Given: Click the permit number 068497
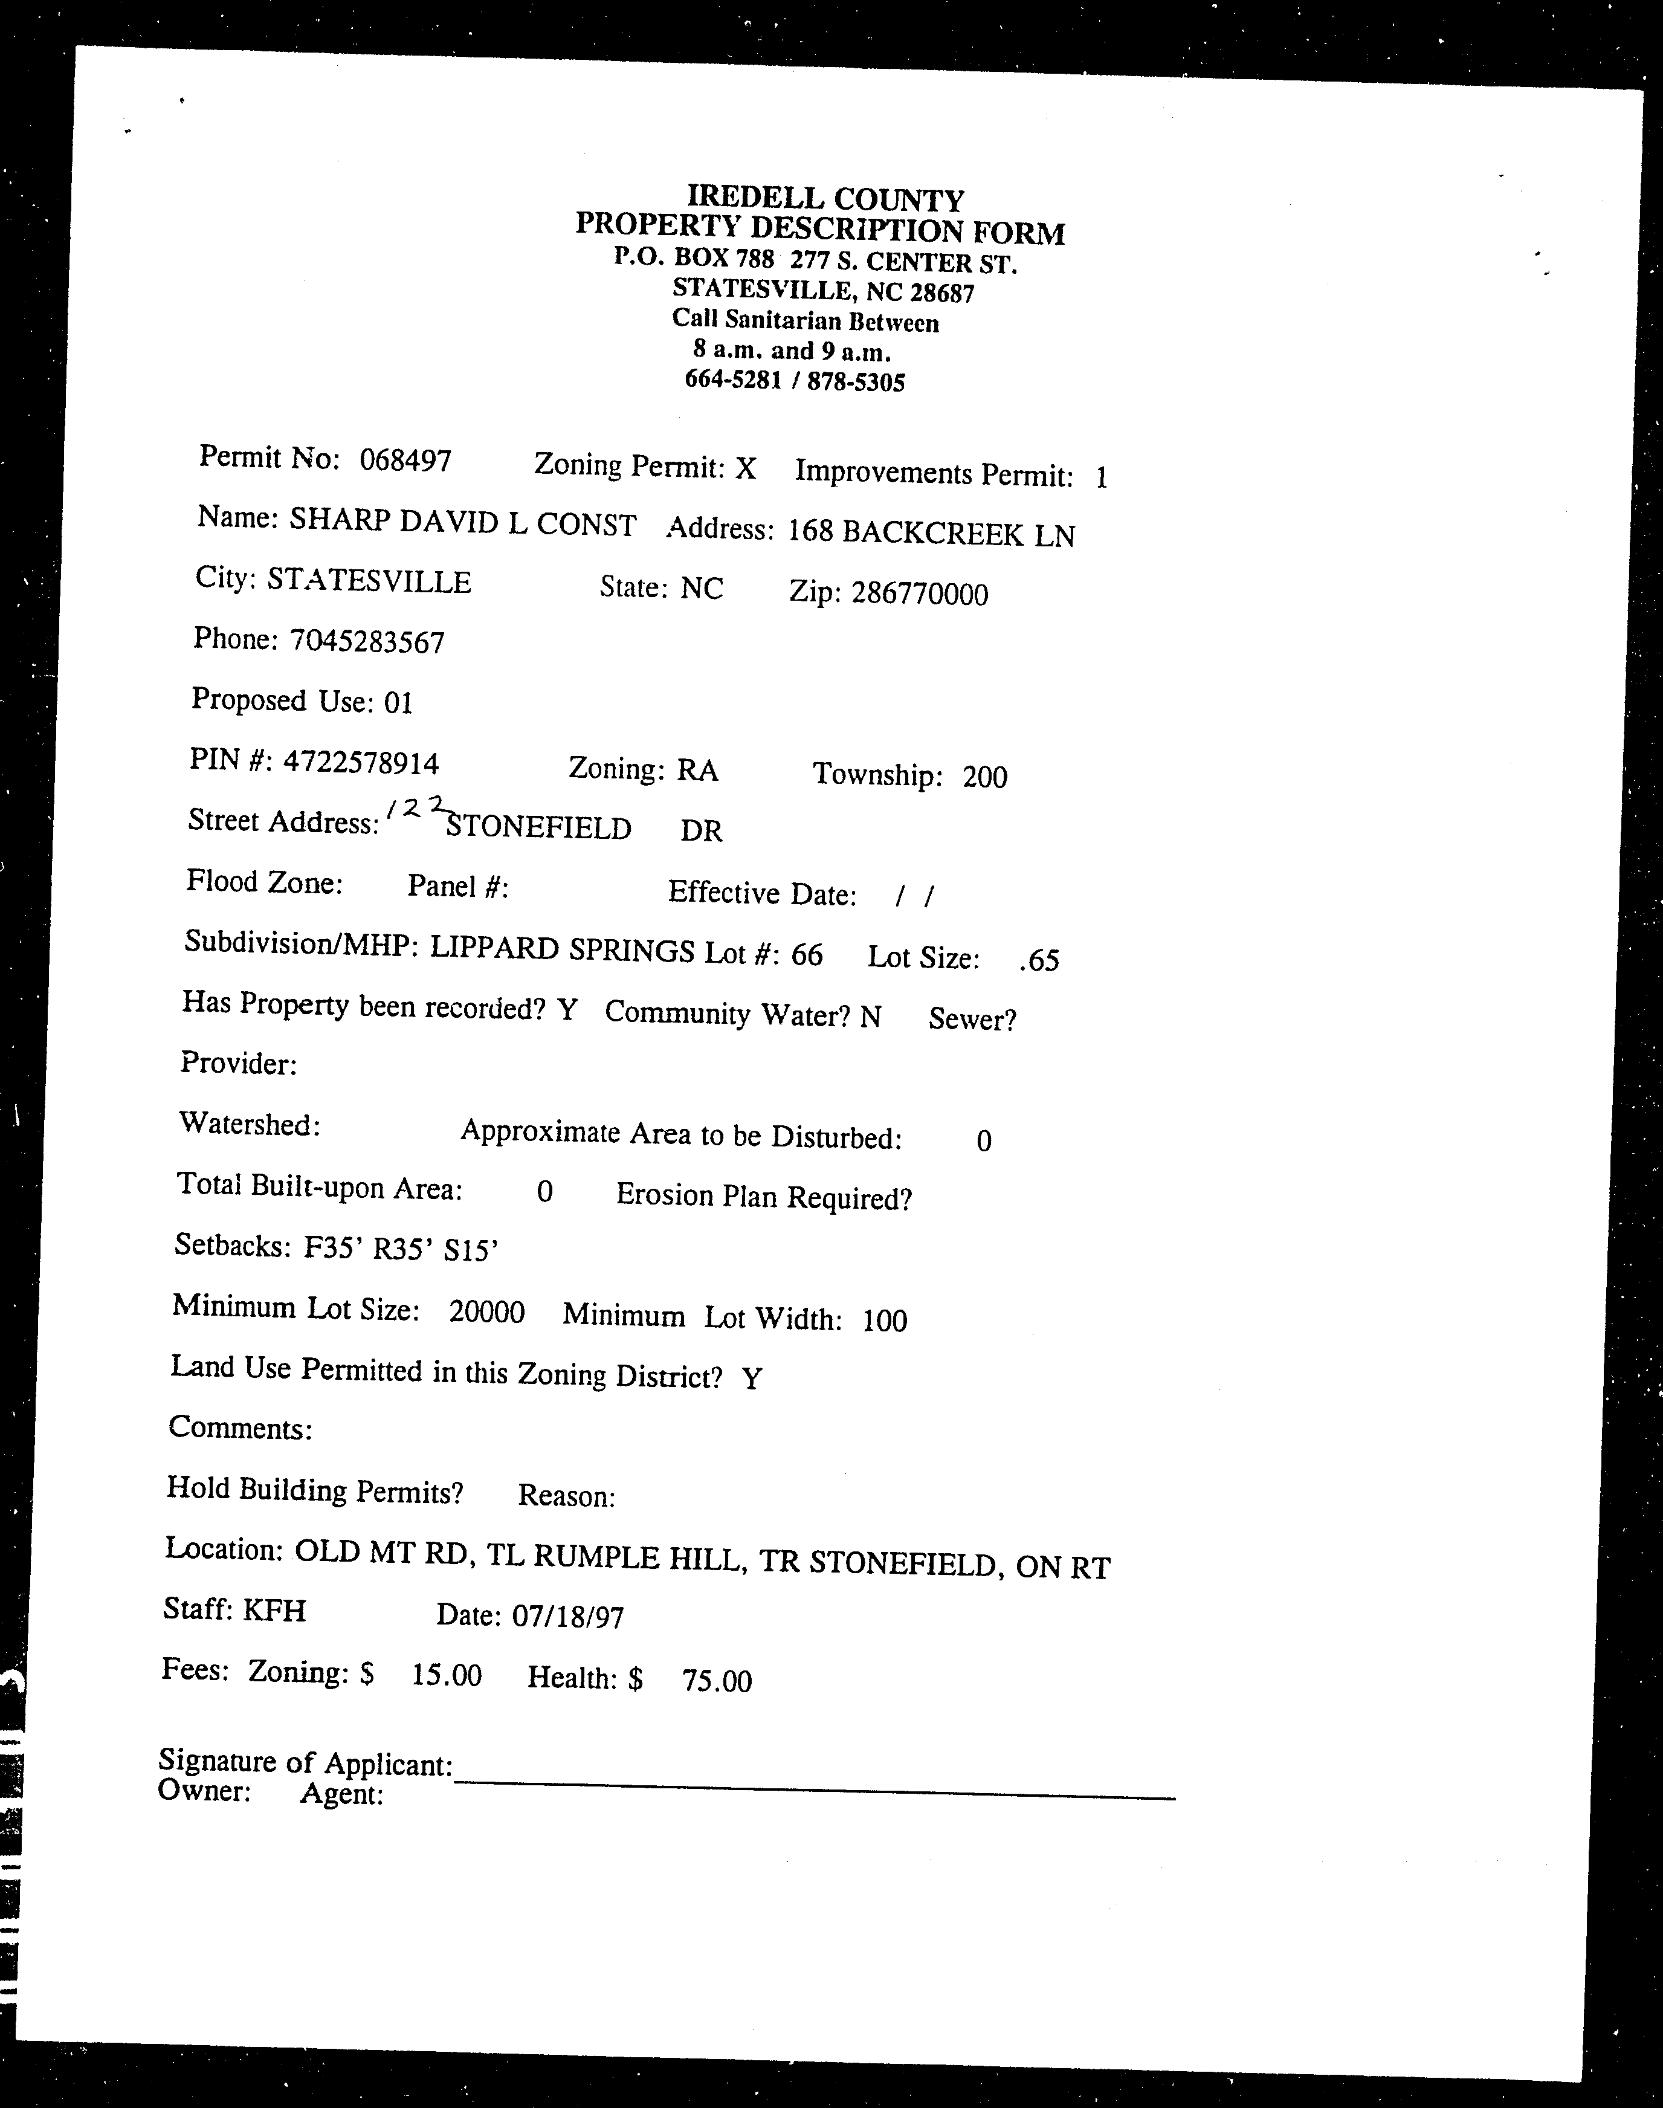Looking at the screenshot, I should [405, 459].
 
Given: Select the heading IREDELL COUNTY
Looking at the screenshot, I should [825, 199].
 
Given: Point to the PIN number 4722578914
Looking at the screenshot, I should [360, 762].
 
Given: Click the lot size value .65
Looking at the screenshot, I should [1038, 961].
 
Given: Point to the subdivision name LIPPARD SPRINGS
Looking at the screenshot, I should [562, 949].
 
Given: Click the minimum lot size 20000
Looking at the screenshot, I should [487, 1313].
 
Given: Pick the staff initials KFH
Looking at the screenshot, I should [274, 1611].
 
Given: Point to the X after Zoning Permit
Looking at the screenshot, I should [745, 470].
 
